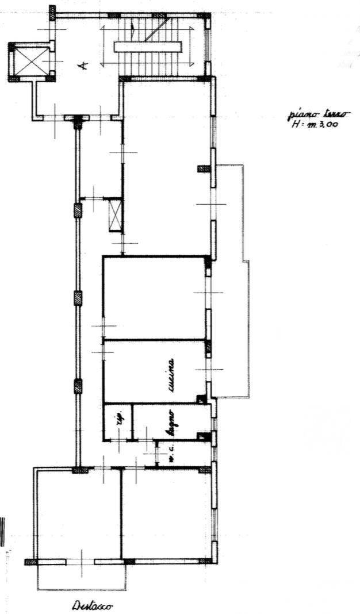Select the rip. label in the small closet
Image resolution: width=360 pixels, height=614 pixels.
(120, 423)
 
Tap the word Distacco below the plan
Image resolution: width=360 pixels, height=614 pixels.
(93, 606)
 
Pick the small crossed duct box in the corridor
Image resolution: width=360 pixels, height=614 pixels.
(116, 214)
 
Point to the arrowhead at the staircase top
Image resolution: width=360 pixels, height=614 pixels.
(133, 26)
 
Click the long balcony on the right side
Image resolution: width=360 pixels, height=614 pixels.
(233, 282)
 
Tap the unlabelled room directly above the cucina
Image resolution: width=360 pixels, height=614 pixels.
(154, 297)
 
